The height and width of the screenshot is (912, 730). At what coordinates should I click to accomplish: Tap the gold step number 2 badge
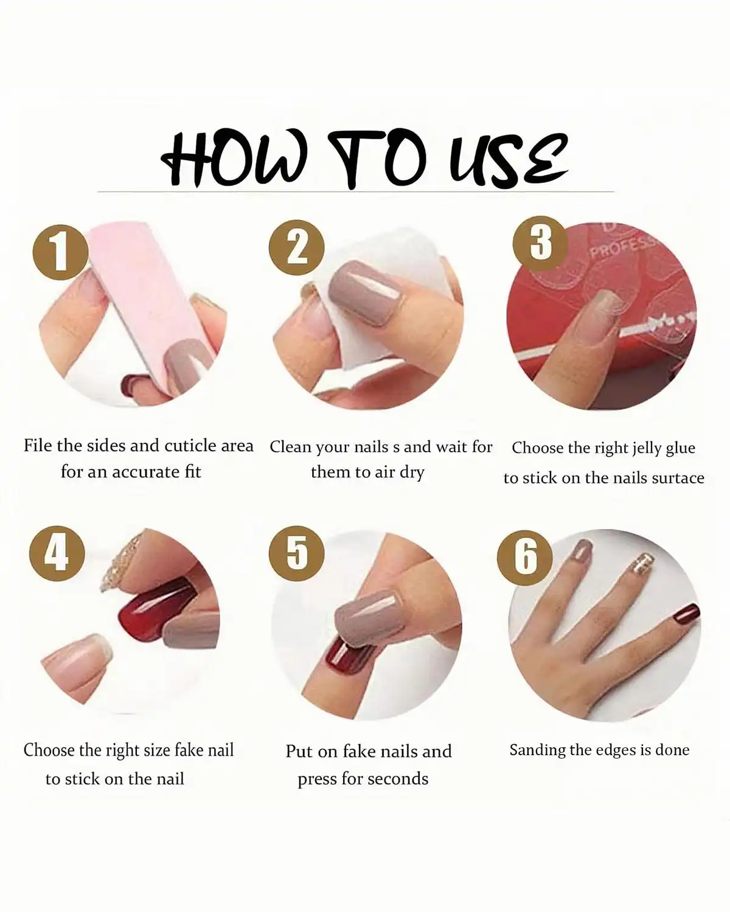point(297,249)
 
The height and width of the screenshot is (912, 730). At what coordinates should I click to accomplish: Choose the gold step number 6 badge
point(526,556)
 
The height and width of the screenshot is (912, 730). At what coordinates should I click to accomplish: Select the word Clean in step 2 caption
point(291,447)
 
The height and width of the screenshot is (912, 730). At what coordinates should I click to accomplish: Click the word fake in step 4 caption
point(188,750)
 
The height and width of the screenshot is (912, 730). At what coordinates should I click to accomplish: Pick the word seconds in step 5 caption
point(397,779)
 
